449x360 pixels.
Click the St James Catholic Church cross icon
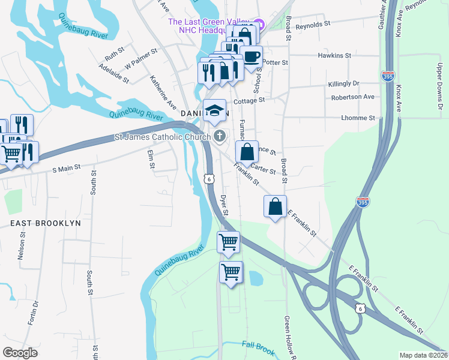coord(220,136)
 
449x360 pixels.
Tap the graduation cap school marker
coord(214,110)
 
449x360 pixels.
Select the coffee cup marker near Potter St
coord(252,57)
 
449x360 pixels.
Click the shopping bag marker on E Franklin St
coord(275,206)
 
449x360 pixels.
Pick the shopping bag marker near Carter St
coord(247,152)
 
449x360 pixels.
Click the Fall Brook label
coord(257,344)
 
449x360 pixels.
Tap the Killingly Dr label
coord(343,83)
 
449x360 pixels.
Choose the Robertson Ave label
coord(352,97)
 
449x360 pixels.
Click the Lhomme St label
coord(358,118)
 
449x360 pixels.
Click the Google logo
coord(20,352)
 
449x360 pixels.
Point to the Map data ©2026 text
coord(423,355)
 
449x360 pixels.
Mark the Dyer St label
coord(224,205)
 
